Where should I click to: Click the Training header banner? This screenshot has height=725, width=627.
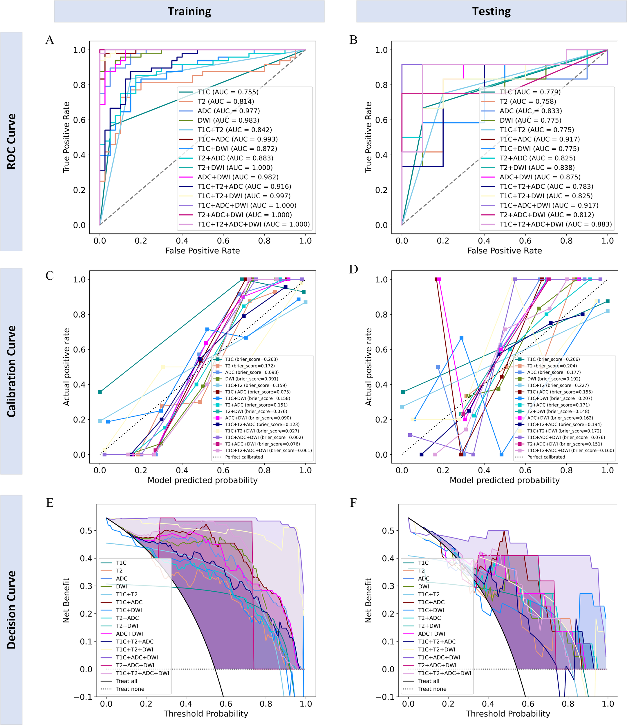point(189,11)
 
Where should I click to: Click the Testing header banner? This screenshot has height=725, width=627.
point(491,11)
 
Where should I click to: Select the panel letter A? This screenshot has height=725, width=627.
point(50,40)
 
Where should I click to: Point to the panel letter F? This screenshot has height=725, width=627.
point(353,503)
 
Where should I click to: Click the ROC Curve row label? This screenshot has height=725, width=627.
point(11,141)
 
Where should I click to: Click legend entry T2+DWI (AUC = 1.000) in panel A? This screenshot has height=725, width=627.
point(234,168)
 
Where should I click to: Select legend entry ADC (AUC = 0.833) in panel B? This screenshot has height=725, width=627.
point(530,111)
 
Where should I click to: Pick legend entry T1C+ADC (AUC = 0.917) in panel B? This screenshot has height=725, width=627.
point(539,139)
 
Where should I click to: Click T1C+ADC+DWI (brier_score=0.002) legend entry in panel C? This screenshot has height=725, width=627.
point(264,437)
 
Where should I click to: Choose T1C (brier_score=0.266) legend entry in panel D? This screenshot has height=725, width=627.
point(553,359)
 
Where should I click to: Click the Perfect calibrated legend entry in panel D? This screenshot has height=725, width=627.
point(546,457)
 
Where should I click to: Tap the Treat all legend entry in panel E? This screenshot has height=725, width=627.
point(127,681)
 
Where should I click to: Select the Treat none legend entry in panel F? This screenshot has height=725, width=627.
point(432,689)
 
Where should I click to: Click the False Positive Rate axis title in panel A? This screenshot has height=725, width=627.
point(202,251)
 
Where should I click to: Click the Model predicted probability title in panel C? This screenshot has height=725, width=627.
point(202,480)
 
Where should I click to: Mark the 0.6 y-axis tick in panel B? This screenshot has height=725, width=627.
point(382,120)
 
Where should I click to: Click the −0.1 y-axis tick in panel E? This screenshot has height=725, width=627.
point(83,697)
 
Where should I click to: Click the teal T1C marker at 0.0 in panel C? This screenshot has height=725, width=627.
point(100,392)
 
